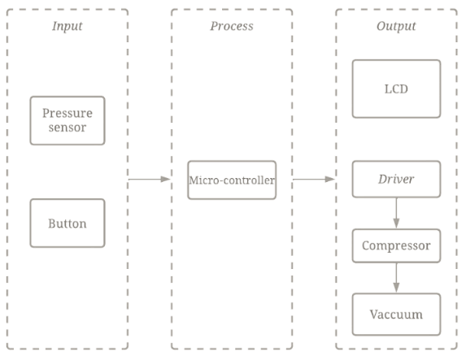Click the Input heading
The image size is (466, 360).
pyautogui.click(x=68, y=26)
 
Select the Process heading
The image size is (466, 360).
pyautogui.click(x=232, y=26)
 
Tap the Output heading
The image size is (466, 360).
pyautogui.click(x=396, y=26)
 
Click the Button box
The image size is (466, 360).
pyautogui.click(x=68, y=223)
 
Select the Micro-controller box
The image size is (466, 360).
pyautogui.click(x=232, y=180)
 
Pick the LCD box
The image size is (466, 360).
pyautogui.click(x=396, y=88)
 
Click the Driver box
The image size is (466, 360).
pyautogui.click(x=396, y=179)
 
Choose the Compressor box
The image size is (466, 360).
pyautogui.click(x=396, y=245)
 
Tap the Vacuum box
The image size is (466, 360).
pyautogui.click(x=396, y=314)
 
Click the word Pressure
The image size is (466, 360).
pyautogui.click(x=68, y=113)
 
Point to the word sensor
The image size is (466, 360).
pyautogui.click(x=68, y=128)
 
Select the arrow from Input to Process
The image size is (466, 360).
pyautogui.click(x=149, y=179)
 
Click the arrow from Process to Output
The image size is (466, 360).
pyautogui.click(x=313, y=179)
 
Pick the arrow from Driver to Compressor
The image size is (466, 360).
pyautogui.click(x=396, y=213)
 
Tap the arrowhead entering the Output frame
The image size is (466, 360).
pyautogui.click(x=331, y=179)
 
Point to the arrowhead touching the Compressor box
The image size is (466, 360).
pyautogui.click(x=396, y=224)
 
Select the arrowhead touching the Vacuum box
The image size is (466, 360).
pyautogui.click(x=396, y=288)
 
